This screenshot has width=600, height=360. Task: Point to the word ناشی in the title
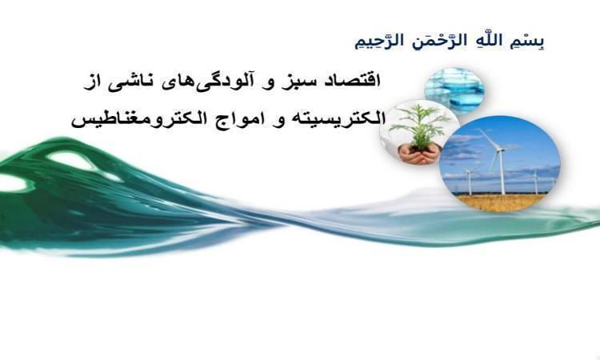130,82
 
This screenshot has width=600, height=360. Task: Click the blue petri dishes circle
455,89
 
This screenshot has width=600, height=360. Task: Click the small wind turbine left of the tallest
469,181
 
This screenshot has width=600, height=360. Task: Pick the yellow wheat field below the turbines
502,202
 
